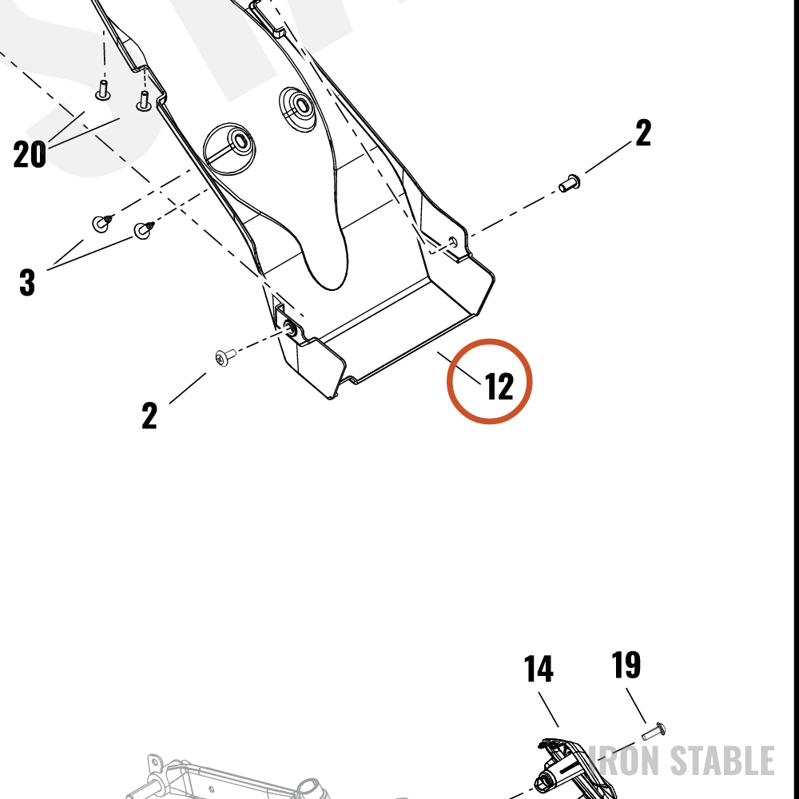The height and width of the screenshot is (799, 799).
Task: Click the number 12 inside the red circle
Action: coord(499,386)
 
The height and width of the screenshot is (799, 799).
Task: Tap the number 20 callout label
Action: coord(30,154)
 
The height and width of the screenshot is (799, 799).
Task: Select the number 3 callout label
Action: coord(27,282)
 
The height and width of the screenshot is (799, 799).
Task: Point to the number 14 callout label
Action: coord(539,669)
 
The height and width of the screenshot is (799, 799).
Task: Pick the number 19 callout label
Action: coord(626,665)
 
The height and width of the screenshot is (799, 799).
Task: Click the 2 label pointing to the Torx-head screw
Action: coord(149,415)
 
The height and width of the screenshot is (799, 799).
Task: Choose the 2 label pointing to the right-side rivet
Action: coord(643,133)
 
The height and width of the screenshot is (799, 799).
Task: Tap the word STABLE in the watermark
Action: coord(722,761)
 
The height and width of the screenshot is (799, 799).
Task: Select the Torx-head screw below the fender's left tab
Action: coord(225,356)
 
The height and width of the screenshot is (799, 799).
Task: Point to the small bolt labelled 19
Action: coord(654,732)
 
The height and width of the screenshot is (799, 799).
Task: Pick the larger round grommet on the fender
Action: coord(229,149)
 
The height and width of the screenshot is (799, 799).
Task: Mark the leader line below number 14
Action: coord(548,710)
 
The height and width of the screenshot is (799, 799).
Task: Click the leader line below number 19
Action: coord(636,706)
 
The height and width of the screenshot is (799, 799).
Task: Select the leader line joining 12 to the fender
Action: coord(459,368)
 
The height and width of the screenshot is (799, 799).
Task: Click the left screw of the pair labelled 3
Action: coord(101,223)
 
